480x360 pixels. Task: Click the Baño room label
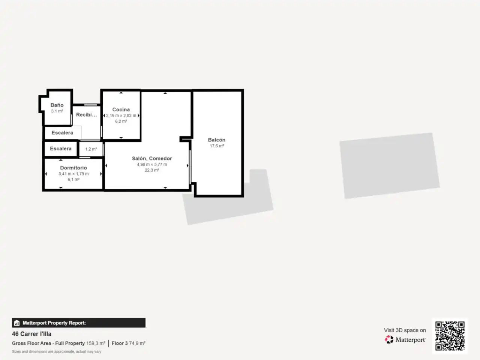point(57,105)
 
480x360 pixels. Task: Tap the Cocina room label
point(121,109)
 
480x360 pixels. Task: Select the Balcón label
point(216,139)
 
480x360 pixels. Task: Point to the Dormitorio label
point(73,168)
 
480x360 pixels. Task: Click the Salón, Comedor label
point(152,159)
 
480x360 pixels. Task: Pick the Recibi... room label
point(86,115)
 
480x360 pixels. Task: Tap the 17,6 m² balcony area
point(217,146)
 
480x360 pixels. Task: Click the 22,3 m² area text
point(152,170)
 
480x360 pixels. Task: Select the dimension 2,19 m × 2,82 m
point(121,115)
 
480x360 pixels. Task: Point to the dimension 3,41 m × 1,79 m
point(73,174)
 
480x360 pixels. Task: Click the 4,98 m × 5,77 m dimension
point(152,164)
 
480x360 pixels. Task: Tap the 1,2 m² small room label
point(91,149)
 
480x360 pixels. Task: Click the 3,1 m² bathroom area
point(57,111)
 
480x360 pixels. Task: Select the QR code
point(450,336)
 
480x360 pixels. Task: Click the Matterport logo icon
point(389,339)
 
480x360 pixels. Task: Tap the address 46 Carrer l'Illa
point(32,334)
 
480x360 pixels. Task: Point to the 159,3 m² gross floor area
point(96,343)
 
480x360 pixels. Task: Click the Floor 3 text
point(120,343)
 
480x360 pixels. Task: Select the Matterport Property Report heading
point(54,323)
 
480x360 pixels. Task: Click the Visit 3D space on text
point(405,330)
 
